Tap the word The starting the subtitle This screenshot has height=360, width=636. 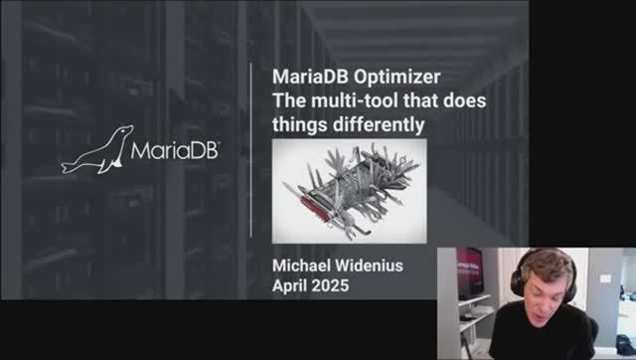click(287, 101)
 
